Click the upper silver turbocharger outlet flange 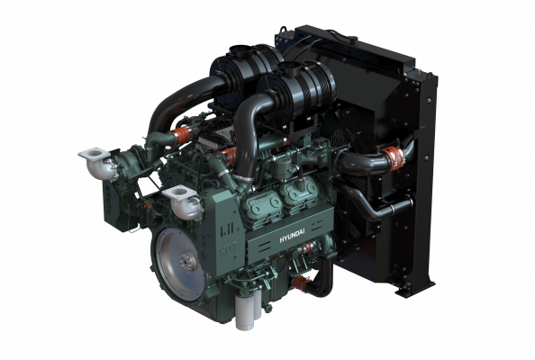point(94,157)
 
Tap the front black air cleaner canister point(304,85)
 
